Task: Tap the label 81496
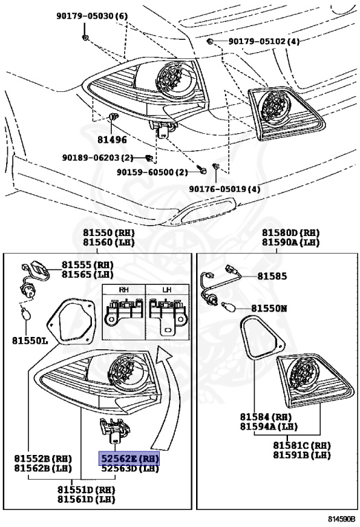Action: click(112, 139)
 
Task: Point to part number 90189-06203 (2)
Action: click(97, 158)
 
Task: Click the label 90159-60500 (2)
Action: click(152, 172)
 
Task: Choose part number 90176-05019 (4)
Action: click(225, 189)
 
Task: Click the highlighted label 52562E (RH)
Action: click(130, 458)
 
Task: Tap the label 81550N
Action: click(272, 309)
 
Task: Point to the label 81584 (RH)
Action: click(264, 416)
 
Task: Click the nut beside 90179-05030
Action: click(84, 36)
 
